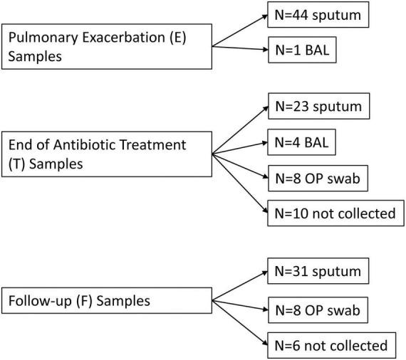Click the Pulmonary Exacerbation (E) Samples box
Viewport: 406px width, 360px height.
tap(107, 47)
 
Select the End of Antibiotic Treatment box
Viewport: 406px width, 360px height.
tap(107, 154)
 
